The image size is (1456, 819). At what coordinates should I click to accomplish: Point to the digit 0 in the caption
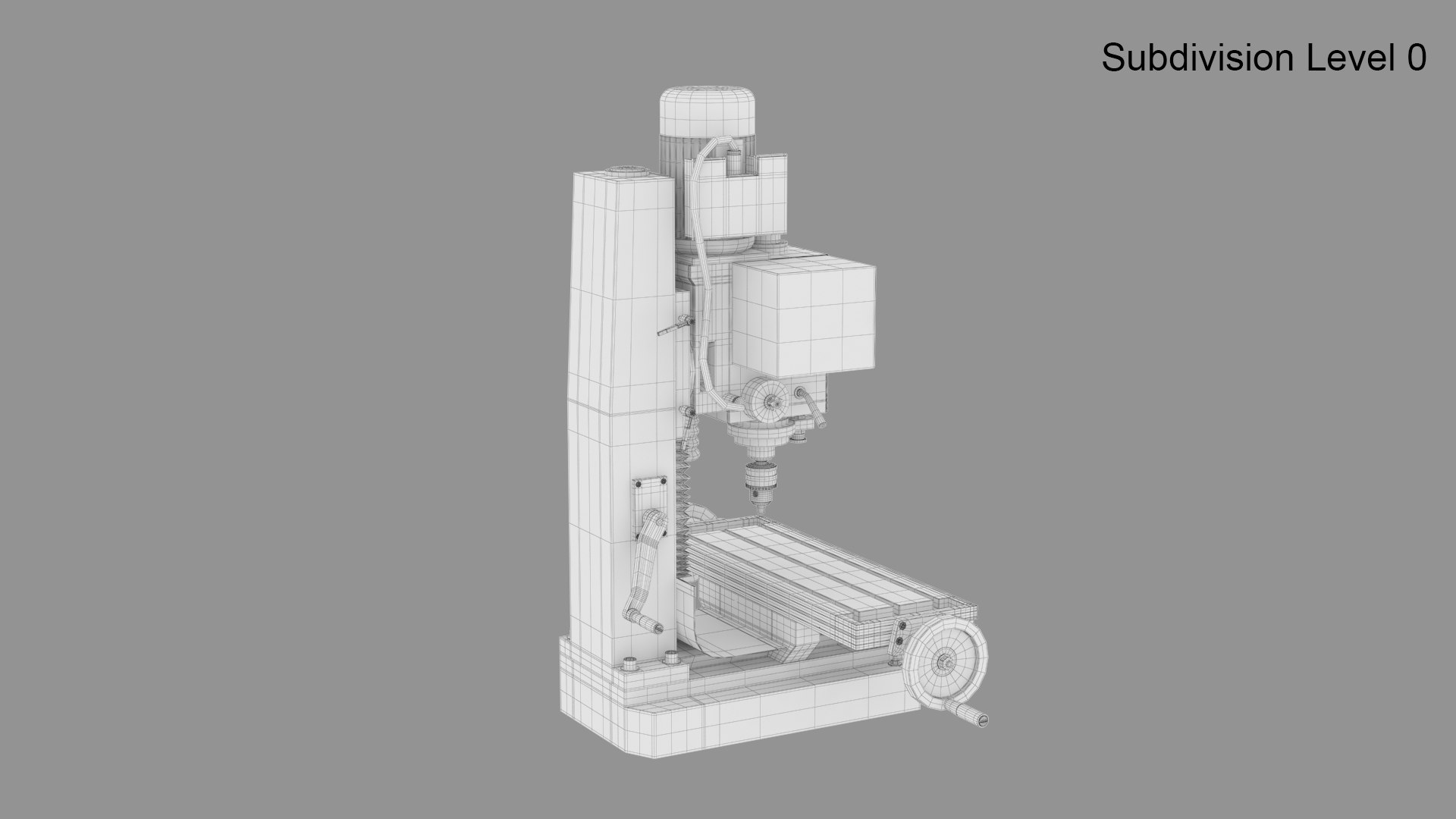pyautogui.click(x=1416, y=58)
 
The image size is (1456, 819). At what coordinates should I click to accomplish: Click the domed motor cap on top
pyautogui.click(x=707, y=111)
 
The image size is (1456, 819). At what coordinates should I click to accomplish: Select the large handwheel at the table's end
pyautogui.click(x=949, y=660)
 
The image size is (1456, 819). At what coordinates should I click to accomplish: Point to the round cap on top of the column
pyautogui.click(x=627, y=172)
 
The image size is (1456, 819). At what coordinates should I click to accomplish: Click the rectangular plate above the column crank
pyautogui.click(x=651, y=497)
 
